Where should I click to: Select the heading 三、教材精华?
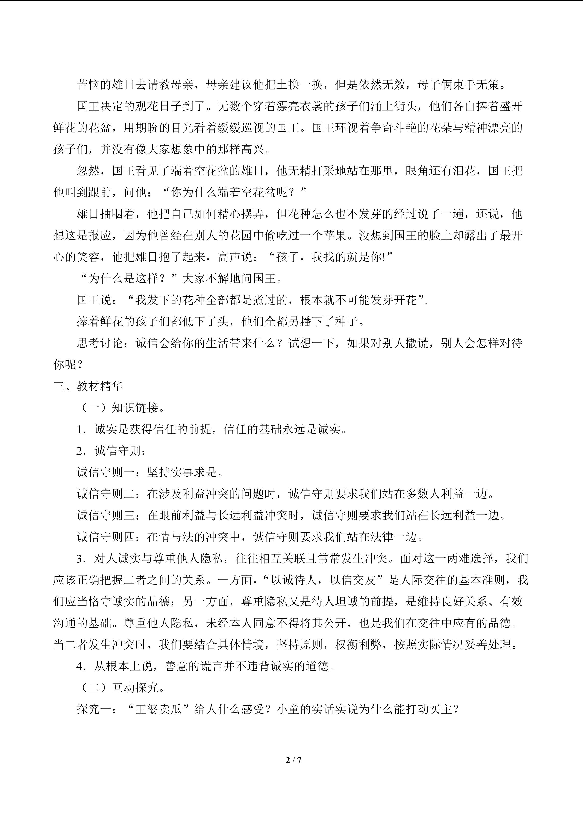pos(88,386)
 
